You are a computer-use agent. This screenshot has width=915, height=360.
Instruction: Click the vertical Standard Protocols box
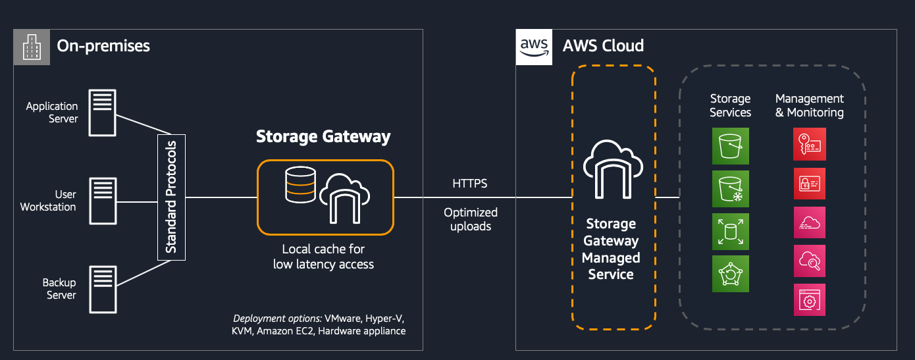pos(172,197)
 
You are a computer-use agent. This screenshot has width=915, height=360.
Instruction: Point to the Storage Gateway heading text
pos(323,136)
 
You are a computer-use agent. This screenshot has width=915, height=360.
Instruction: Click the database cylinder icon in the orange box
pos(300,185)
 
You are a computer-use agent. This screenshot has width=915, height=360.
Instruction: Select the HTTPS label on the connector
pos(470,184)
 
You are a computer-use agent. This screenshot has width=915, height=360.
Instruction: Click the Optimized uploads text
pos(470,219)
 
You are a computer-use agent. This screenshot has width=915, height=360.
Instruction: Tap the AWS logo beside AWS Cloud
pos(533,46)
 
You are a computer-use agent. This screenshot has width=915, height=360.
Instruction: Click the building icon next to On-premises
pos(32,46)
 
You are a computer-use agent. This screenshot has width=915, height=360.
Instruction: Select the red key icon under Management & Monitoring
pos(809,144)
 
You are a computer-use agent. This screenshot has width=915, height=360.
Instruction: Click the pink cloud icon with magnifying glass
pos(809,261)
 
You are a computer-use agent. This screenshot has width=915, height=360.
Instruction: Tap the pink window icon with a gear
pos(809,299)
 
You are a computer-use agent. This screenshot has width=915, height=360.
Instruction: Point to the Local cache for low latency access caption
pos(323,257)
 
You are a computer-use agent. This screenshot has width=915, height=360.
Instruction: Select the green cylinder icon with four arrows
pos(730,231)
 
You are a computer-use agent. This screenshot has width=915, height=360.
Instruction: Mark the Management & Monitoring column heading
pos(809,105)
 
